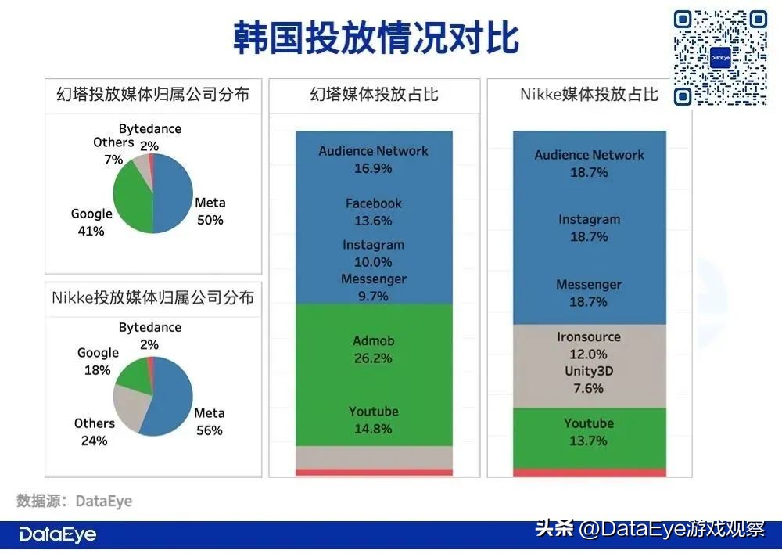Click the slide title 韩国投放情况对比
[x=375, y=38]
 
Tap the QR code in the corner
[x=720, y=58]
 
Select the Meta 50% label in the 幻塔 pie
[x=209, y=211]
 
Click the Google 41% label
[x=91, y=222]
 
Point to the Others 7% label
[x=113, y=151]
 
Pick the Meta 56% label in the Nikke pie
[x=209, y=421]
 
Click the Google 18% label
[x=98, y=362]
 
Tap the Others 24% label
[x=95, y=432]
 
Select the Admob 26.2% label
[x=373, y=350]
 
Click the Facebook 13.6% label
[x=373, y=212]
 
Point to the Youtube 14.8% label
[x=373, y=420]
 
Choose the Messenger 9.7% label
[x=373, y=287]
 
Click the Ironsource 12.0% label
[x=589, y=345]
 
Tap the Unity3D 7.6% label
[x=589, y=380]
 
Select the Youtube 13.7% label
[x=589, y=432]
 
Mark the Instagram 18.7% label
[x=589, y=228]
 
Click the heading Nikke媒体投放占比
[x=589, y=95]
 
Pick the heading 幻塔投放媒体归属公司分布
[x=153, y=95]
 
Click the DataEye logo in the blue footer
[x=58, y=535]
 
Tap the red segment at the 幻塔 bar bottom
[x=374, y=472]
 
